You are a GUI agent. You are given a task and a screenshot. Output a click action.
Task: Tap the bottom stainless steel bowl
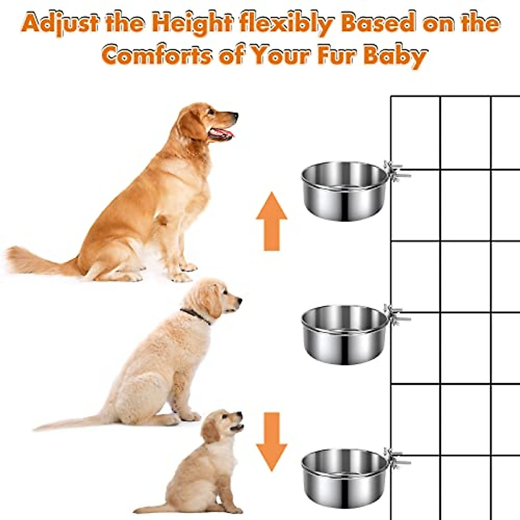pyautogui.click(x=344, y=477)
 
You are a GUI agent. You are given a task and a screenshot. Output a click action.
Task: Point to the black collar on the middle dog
pyautogui.click(x=195, y=315)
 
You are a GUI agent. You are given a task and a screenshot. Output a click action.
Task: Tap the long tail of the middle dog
pyautogui.click(x=69, y=422)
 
